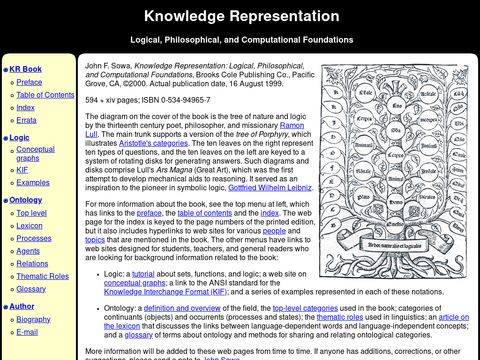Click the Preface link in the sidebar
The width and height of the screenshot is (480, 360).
[x=29, y=82]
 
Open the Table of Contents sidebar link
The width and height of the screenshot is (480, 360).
[x=45, y=94]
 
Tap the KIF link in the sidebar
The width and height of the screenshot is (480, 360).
[x=23, y=171]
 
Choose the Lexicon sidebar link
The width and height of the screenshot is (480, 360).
[x=31, y=226]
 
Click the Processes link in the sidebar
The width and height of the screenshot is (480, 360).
[x=34, y=238]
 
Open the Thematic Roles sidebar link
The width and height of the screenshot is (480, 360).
[x=42, y=275]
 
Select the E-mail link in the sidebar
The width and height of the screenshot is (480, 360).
[x=29, y=331]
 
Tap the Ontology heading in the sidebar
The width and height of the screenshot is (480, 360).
[x=26, y=200]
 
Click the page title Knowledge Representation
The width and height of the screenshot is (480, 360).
[x=240, y=16]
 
